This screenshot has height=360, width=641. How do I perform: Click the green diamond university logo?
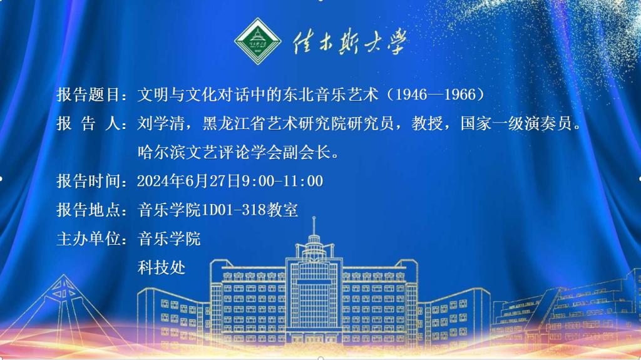pos(257,41)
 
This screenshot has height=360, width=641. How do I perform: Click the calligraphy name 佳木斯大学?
pos(349,43)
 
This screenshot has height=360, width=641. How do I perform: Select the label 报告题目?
pos(88,95)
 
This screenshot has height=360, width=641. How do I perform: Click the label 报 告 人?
pos(88,123)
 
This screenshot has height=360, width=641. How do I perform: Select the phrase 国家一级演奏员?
pos(516,123)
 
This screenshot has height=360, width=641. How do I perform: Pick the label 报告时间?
pos(88,181)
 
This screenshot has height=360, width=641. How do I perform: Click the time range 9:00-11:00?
pos(282,181)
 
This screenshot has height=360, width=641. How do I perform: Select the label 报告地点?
pos(88,210)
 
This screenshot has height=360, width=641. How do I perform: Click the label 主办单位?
pos(88,239)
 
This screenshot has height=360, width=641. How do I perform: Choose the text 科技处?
pos(162,268)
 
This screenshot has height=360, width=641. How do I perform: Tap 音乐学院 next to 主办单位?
pos(169,239)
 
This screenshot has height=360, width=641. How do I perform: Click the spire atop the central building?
pos(314,226)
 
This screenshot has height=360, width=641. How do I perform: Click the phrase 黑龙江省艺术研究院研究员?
pos(298,123)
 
